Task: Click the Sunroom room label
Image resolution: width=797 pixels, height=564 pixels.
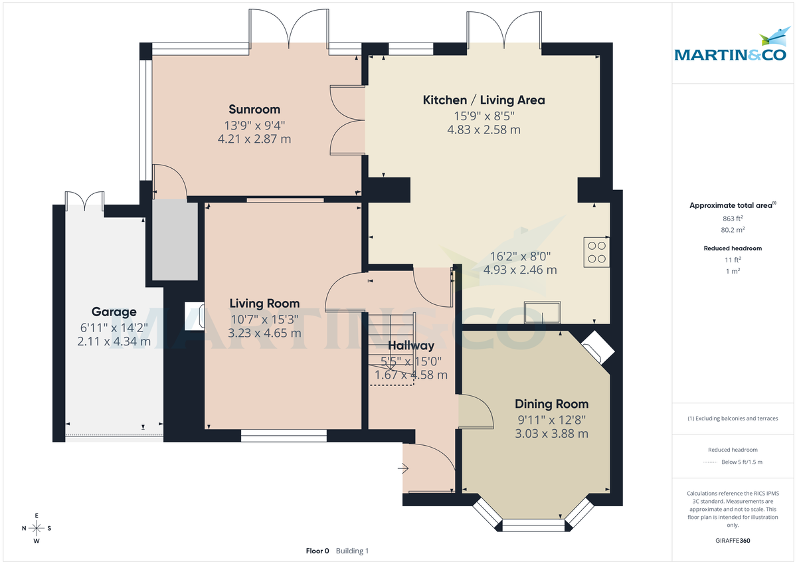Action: click(254, 109)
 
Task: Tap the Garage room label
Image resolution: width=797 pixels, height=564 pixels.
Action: click(114, 312)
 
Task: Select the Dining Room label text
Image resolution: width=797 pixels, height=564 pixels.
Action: click(551, 404)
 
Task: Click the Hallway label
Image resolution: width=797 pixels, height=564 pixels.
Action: click(411, 345)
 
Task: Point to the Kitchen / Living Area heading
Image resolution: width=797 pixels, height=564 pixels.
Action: click(484, 100)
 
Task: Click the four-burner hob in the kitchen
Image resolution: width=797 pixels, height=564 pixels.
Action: click(596, 252)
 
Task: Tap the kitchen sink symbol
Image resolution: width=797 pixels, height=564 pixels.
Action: click(542, 312)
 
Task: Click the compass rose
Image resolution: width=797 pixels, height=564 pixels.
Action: click(37, 528)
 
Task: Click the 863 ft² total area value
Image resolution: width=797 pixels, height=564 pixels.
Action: click(733, 219)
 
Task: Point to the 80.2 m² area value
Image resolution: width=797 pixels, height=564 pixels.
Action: click(733, 230)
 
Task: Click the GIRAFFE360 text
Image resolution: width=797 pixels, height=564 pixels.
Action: click(733, 541)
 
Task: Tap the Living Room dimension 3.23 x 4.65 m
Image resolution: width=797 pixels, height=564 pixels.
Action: click(264, 333)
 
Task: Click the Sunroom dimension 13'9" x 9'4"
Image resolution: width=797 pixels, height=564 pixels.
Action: click(254, 125)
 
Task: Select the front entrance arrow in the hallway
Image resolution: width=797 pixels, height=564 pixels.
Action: click(403, 469)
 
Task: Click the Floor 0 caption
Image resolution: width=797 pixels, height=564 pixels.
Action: click(317, 551)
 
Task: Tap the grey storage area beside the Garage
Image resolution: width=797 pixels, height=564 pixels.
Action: click(175, 241)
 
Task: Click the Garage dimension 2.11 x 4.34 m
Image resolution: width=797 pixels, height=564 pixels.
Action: click(114, 341)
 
